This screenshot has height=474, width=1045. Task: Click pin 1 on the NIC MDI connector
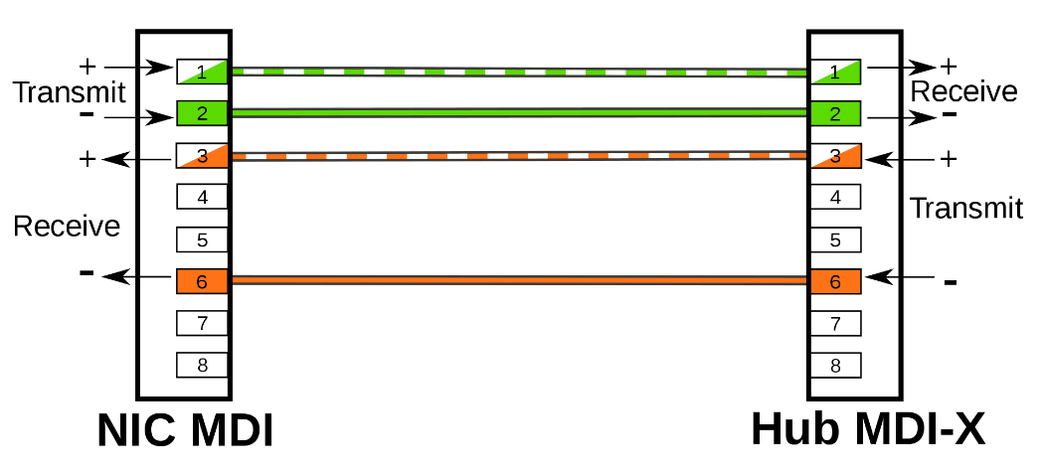pyautogui.click(x=203, y=72)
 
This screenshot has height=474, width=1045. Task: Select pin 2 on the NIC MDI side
pyautogui.click(x=203, y=113)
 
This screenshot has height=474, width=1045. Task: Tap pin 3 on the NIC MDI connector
pyautogui.click(x=203, y=156)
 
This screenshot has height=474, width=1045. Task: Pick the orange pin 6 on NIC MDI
pyautogui.click(x=203, y=282)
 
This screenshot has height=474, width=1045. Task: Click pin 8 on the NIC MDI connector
pyautogui.click(x=203, y=365)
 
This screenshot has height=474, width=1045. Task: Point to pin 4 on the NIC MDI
pyautogui.click(x=203, y=197)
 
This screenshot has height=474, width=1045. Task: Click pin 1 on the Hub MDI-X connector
pyautogui.click(x=835, y=72)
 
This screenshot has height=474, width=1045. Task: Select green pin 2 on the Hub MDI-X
pyautogui.click(x=835, y=113)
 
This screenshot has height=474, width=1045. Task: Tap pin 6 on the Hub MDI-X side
pyautogui.click(x=835, y=282)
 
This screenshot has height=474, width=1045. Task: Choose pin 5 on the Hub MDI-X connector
pyautogui.click(x=835, y=239)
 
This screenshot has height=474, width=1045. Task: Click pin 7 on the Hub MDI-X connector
pyautogui.click(x=835, y=323)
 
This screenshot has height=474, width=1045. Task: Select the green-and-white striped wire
pyautogui.click(x=517, y=72)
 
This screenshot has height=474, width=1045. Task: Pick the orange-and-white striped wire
pyautogui.click(x=517, y=156)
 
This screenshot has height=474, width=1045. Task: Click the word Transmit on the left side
pyautogui.click(x=70, y=92)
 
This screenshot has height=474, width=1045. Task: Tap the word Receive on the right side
pyautogui.click(x=964, y=91)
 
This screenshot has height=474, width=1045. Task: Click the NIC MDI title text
pyautogui.click(x=185, y=430)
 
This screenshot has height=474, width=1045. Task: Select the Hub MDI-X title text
pyautogui.click(x=868, y=430)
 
